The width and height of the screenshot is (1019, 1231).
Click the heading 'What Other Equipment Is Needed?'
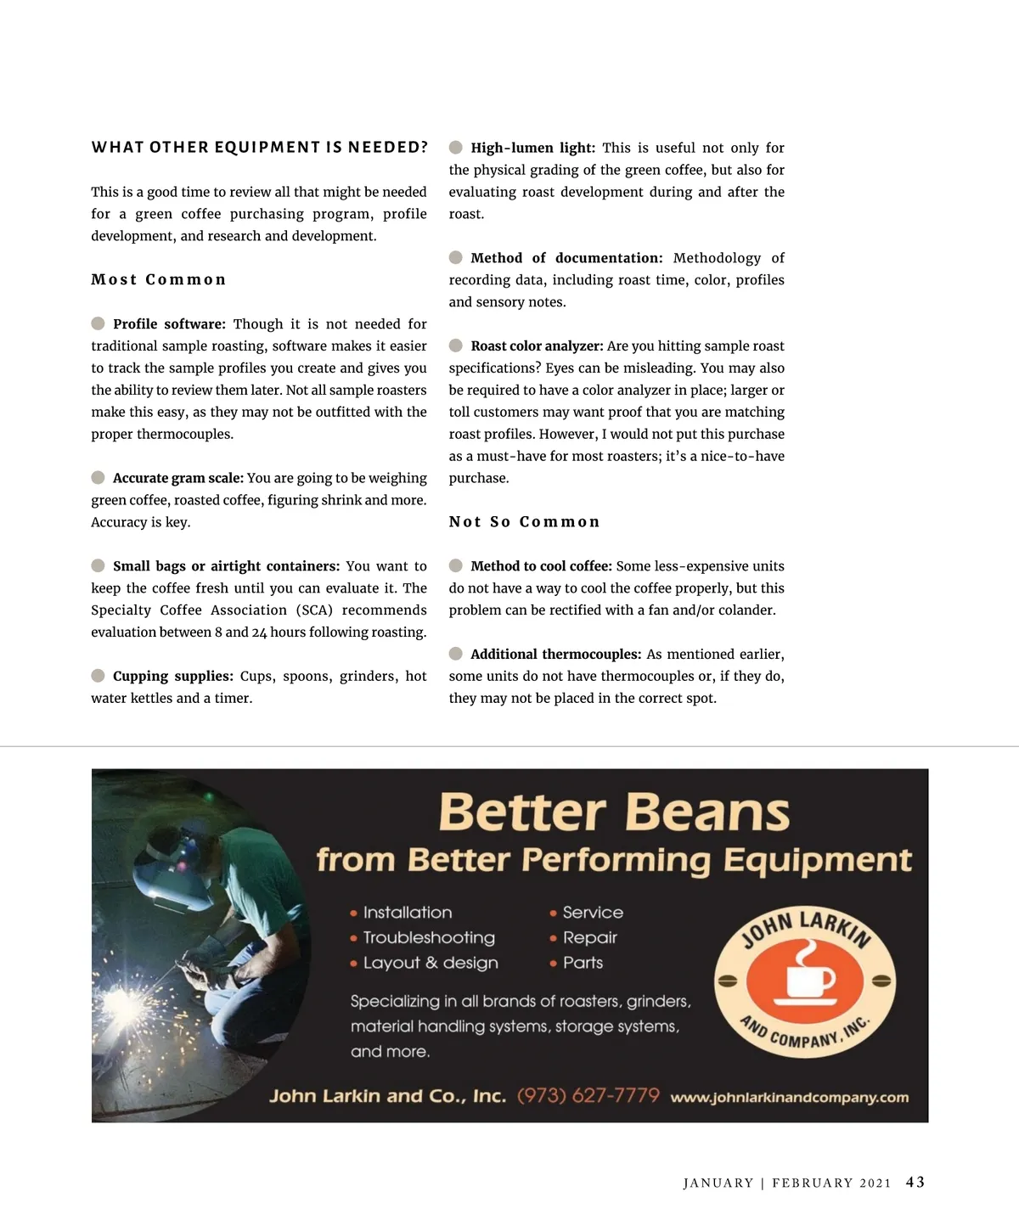tap(259, 148)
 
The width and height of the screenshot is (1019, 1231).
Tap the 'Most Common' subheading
tap(159, 280)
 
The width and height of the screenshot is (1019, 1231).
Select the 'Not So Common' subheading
tap(524, 522)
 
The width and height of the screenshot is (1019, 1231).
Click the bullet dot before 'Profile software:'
tap(99, 323)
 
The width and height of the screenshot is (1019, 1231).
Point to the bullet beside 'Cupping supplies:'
tap(99, 676)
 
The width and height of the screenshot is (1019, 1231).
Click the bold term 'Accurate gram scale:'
tap(178, 478)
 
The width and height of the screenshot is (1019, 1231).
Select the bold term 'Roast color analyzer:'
tap(537, 346)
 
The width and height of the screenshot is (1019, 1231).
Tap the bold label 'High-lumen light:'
tap(532, 148)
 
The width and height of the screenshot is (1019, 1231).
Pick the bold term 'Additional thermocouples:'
tap(555, 655)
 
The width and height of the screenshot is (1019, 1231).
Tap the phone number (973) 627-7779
tap(588, 1095)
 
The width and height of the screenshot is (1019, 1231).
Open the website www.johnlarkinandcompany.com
tap(789, 1098)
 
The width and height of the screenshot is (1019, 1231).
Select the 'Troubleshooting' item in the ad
tap(429, 937)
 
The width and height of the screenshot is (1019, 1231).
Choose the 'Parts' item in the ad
tap(583, 963)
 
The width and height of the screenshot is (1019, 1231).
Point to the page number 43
tap(915, 1182)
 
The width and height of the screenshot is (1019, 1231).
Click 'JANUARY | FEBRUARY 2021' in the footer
tap(787, 1183)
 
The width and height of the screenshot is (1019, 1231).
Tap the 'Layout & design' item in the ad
tap(431, 963)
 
